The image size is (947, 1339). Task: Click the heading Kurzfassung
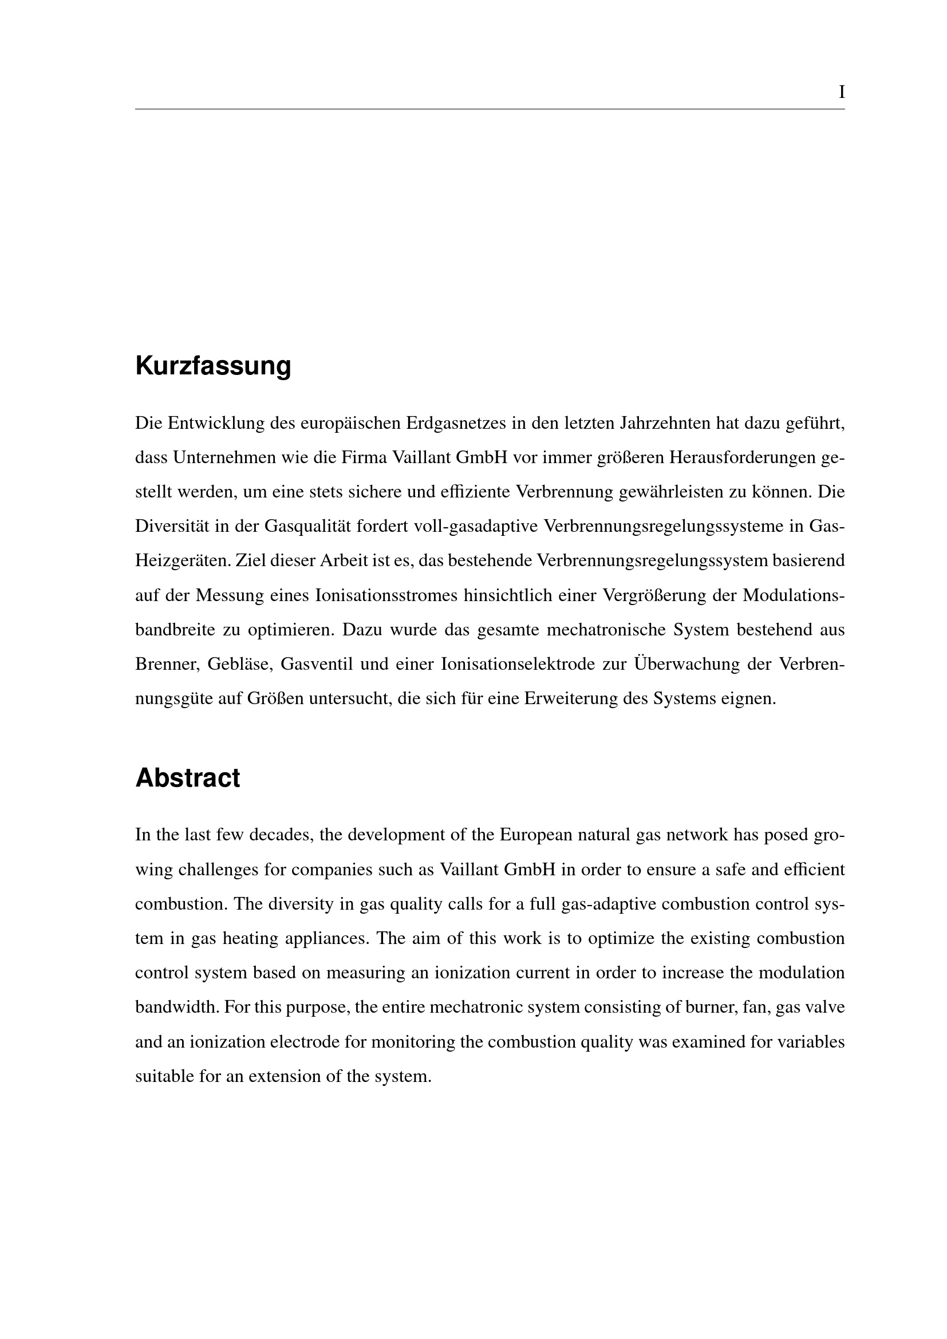pyautogui.click(x=213, y=366)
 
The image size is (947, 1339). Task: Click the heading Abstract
pyautogui.click(x=187, y=778)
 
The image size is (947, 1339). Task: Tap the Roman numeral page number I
pyautogui.click(x=841, y=92)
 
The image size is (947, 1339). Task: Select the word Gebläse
pyautogui.click(x=239, y=664)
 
